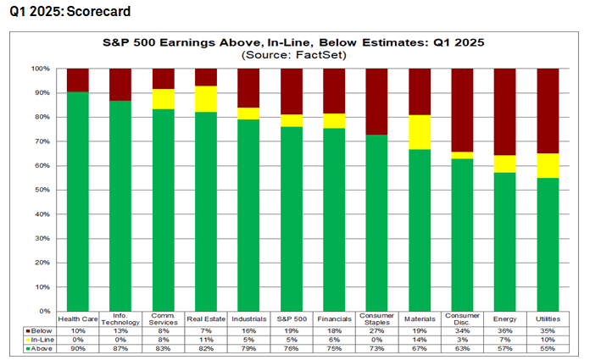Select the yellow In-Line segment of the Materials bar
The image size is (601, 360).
tap(420, 132)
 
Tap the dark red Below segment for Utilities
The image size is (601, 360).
tap(548, 111)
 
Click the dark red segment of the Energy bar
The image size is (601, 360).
tap(505, 112)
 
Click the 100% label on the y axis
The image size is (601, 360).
tap(42, 69)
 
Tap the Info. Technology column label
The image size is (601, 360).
tap(120, 319)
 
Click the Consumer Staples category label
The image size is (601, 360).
tap(376, 319)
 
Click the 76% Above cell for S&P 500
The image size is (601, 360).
tap(292, 349)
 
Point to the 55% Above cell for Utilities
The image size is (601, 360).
tap(548, 349)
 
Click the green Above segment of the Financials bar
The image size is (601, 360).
tap(334, 219)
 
